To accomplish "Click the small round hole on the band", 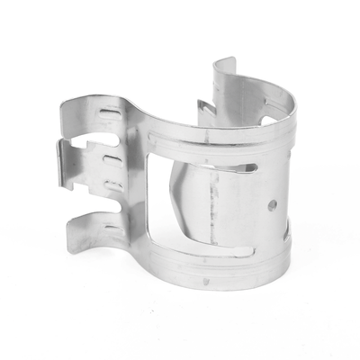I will pos(272,205).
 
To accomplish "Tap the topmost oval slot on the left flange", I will pos(111,112).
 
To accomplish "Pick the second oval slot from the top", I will pos(112,159).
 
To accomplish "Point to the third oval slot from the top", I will pos(113,184).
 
